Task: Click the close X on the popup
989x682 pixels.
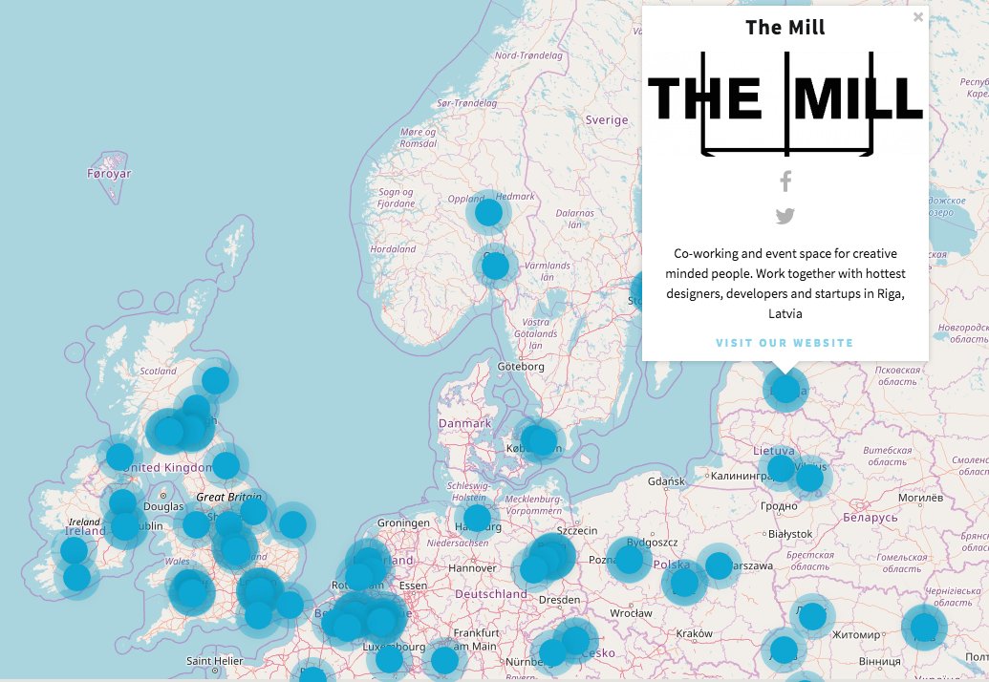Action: pyautogui.click(x=918, y=16)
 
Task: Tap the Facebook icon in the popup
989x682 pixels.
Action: pyautogui.click(x=785, y=181)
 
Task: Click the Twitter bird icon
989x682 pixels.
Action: pyautogui.click(x=785, y=217)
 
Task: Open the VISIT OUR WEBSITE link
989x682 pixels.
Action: pyautogui.click(x=785, y=343)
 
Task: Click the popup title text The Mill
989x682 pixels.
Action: pyautogui.click(x=785, y=28)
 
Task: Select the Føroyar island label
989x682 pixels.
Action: pyautogui.click(x=109, y=174)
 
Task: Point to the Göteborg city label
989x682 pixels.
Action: pyautogui.click(x=521, y=367)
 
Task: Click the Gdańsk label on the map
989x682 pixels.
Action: pyautogui.click(x=667, y=480)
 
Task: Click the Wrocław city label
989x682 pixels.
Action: pyautogui.click(x=632, y=612)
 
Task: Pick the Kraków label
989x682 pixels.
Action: pyautogui.click(x=694, y=633)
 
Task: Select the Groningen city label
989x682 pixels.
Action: pyautogui.click(x=404, y=523)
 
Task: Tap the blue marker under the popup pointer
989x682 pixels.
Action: pyautogui.click(x=785, y=389)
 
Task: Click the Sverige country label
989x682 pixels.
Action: pyautogui.click(x=607, y=120)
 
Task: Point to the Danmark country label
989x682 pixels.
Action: pyautogui.click(x=464, y=423)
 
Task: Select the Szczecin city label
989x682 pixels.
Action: pyautogui.click(x=576, y=530)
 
